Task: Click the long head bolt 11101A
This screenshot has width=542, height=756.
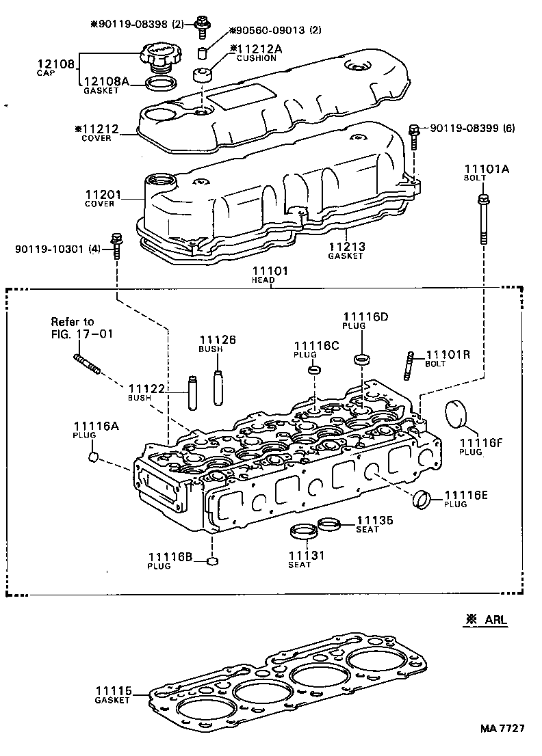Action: point(483,220)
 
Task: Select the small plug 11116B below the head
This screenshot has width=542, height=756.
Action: point(212,562)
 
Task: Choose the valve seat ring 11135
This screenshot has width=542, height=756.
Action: point(330,524)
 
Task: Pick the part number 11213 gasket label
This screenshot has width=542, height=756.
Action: point(346,247)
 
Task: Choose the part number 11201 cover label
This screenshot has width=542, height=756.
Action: point(103,195)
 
